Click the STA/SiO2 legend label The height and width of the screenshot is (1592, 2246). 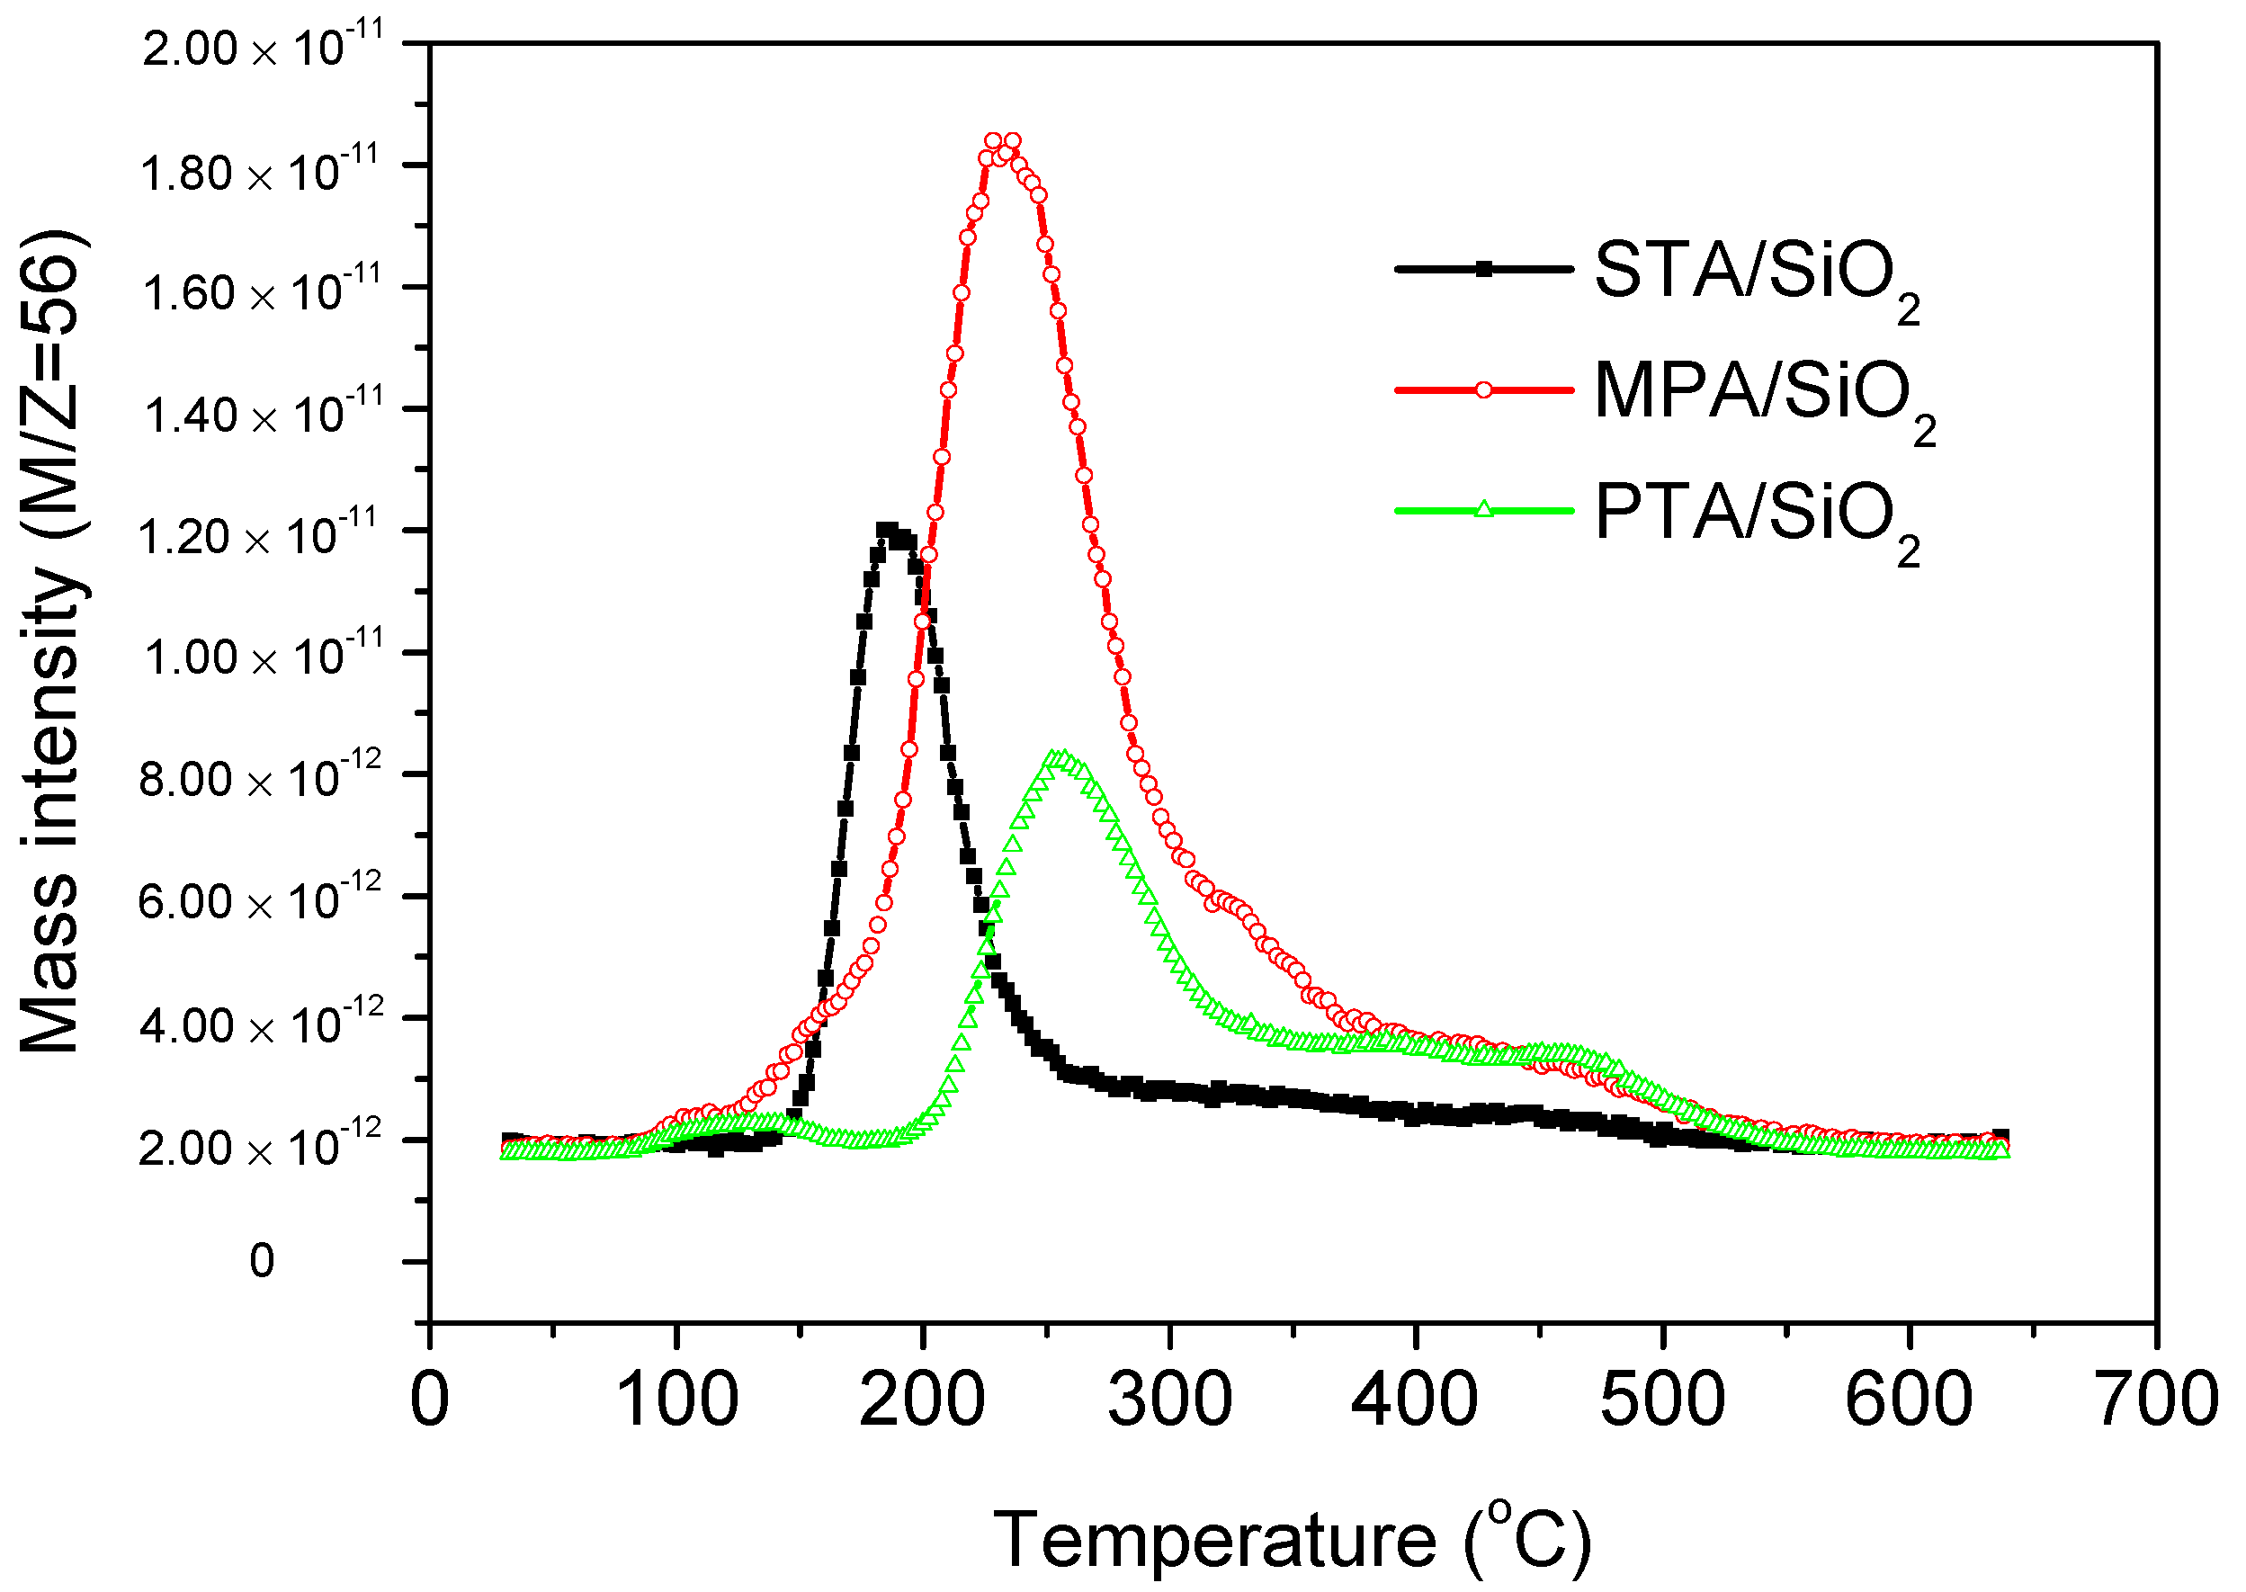pos(1755,274)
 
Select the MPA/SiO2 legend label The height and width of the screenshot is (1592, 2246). pos(1763,395)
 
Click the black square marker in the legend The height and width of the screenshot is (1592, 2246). pos(1483,268)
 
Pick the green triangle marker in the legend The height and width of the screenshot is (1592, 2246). pos(1483,509)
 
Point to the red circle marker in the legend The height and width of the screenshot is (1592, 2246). pos(1483,389)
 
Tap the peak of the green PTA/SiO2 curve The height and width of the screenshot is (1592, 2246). pos(1058,756)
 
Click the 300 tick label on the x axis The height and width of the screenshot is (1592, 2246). pos(1169,1400)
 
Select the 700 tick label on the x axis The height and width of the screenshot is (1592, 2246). pos(2156,1400)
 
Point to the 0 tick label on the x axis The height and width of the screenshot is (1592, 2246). pos(429,1400)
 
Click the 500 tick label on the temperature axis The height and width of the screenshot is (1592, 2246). pos(1662,1400)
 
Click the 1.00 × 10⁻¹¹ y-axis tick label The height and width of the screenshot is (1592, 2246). pos(259,655)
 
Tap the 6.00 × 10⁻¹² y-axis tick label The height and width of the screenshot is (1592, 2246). pos(259,899)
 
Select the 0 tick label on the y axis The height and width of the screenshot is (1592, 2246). pos(262,1262)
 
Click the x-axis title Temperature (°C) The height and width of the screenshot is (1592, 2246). pos(1293,1540)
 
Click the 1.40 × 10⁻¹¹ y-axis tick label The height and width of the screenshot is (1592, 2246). pos(259,413)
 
